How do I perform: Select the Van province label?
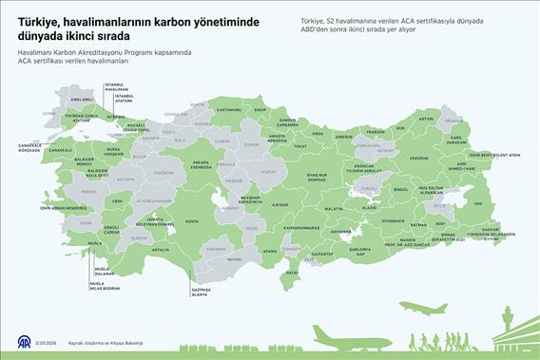[x=478, y=203]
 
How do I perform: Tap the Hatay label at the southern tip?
[x=292, y=271]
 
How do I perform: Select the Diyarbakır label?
[x=381, y=220]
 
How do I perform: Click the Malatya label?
[x=334, y=207]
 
